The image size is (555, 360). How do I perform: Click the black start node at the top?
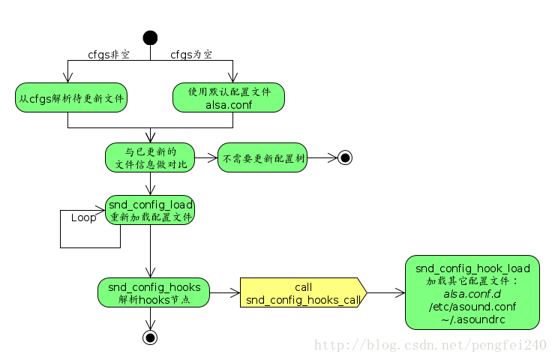tap(150, 37)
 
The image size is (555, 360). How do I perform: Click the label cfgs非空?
tap(109, 55)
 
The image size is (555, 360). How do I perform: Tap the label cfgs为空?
tap(191, 55)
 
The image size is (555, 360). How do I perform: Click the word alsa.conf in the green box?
tap(229, 104)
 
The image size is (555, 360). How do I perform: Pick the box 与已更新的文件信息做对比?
tap(150, 157)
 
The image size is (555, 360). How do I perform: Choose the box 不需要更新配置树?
tap(262, 158)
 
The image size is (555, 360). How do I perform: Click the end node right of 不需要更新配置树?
tap(345, 157)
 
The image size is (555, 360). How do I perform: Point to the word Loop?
tap(84, 217)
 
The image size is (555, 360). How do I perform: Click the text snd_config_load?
tap(151, 204)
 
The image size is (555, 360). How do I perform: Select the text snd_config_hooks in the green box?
tap(154, 286)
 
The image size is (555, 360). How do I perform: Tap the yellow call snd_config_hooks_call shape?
tap(303, 293)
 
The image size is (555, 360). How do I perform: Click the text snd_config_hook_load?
tap(472, 268)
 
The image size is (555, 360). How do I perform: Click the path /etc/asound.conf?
tap(472, 306)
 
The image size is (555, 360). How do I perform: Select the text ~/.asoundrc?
tap(472, 319)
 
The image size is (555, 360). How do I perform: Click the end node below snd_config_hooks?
tap(150, 337)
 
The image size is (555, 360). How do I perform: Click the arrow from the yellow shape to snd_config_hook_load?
tap(385, 292)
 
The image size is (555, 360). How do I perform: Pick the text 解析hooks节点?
tap(154, 299)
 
